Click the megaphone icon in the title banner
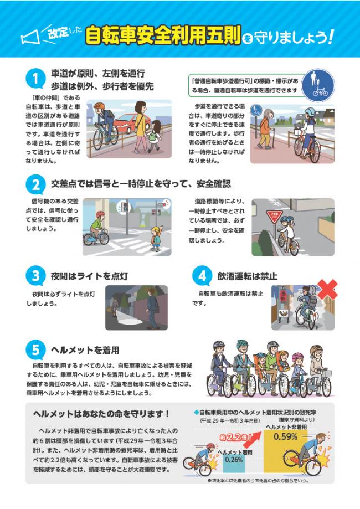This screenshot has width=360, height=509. click(30, 37)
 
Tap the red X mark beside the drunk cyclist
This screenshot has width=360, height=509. click(327, 289)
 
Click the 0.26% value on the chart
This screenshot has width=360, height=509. click(234, 459)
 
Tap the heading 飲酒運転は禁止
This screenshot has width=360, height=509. click(247, 275)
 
